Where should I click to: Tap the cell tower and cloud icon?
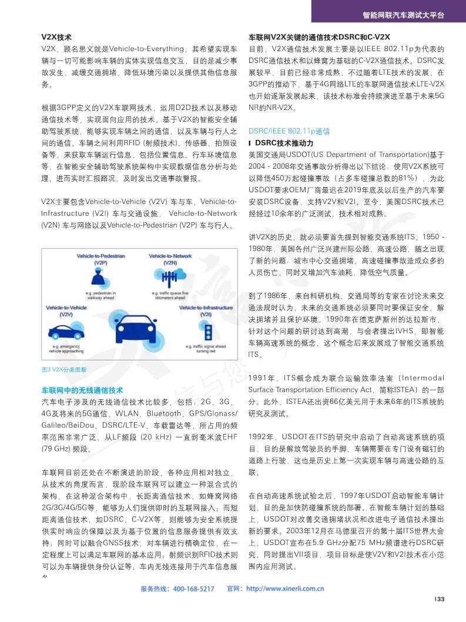tap(170, 276)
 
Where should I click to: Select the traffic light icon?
tap(206, 330)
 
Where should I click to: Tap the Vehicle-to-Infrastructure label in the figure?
tap(206, 307)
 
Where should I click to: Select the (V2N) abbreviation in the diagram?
tap(170, 263)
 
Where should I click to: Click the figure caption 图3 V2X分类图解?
tap(63, 370)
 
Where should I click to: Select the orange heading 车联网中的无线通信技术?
tap(82, 390)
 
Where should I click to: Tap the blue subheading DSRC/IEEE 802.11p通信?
tap(289, 131)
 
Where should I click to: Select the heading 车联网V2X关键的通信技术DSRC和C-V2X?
tap(319, 36)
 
